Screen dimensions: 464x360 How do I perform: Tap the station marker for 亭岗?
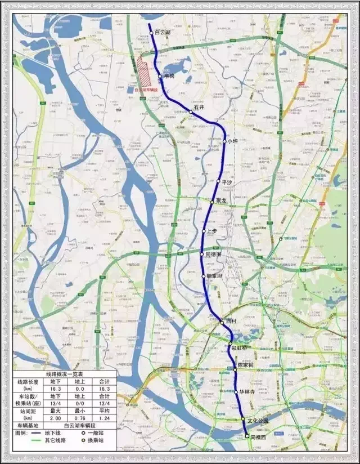click(x=160, y=77)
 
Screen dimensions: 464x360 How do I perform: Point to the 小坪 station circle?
click(x=224, y=141)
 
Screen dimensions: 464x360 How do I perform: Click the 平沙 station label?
click(x=227, y=182)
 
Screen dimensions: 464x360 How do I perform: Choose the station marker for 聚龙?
click(x=212, y=200)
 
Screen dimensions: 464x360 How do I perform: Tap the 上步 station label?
click(x=212, y=231)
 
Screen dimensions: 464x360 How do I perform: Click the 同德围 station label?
click(x=214, y=255)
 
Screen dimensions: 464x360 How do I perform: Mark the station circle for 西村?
click(x=222, y=323)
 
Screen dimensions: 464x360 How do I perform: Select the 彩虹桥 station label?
click(x=239, y=348)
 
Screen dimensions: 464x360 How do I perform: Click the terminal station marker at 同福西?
click(x=246, y=436)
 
